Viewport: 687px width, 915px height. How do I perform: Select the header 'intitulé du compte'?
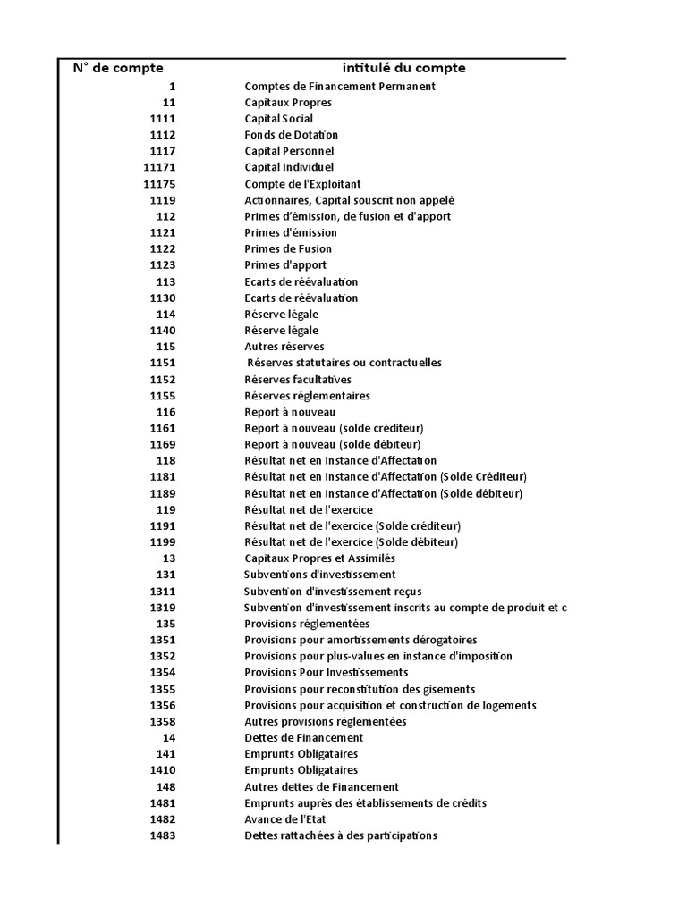[x=403, y=68]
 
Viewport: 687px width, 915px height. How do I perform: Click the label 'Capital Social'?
[x=278, y=119]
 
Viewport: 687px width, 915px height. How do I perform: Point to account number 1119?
[x=163, y=200]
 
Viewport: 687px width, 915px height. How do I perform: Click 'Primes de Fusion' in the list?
[x=287, y=249]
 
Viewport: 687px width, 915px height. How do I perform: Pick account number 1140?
[x=163, y=331]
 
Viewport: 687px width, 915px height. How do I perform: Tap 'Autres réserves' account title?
[x=284, y=347]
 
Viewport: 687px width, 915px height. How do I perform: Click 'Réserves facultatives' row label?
[x=297, y=380]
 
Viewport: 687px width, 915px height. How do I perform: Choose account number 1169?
[x=163, y=444]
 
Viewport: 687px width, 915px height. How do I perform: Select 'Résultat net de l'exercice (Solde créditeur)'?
[x=352, y=526]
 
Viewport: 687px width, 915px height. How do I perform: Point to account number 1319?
[x=163, y=608]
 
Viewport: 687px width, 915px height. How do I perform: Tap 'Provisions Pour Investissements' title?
[x=326, y=673]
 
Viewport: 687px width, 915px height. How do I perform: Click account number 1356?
[x=163, y=705]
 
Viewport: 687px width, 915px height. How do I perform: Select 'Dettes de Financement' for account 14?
[x=303, y=738]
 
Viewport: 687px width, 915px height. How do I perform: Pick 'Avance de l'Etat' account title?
[x=285, y=819]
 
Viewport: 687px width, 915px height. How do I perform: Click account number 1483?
[x=163, y=835]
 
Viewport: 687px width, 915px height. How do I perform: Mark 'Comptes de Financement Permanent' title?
[x=340, y=87]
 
